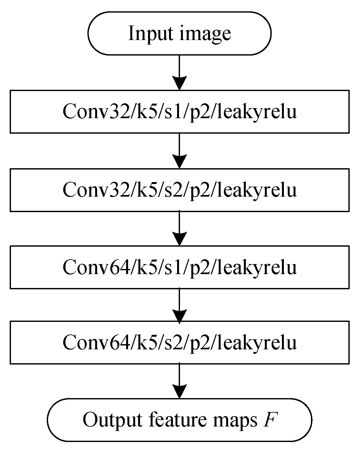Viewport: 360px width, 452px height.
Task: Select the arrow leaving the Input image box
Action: coord(179,71)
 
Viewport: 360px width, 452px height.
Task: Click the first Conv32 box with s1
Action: coord(179,112)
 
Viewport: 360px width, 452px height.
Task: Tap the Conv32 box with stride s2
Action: coord(179,190)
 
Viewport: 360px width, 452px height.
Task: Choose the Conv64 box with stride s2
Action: coord(179,342)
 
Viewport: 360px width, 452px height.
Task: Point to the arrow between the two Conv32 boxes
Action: coord(179,150)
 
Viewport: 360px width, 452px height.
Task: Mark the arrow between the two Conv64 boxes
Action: coord(179,304)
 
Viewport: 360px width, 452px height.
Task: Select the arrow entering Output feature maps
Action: coord(179,381)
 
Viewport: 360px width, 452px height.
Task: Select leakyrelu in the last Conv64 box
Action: coord(257,343)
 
